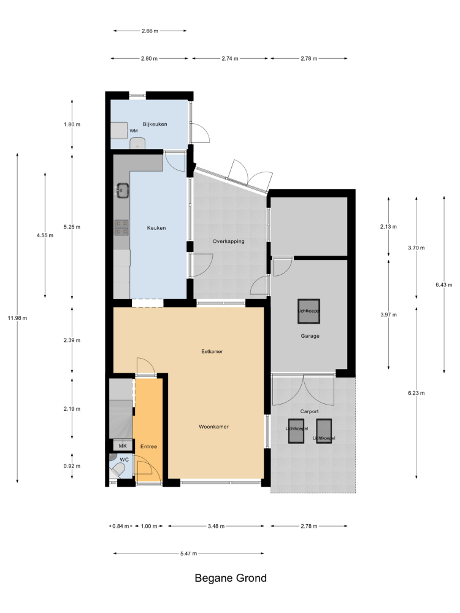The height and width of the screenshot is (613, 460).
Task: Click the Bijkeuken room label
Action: [x=155, y=124]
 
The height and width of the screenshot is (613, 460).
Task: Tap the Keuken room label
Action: [x=156, y=228]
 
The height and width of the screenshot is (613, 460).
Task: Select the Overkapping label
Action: [x=228, y=241]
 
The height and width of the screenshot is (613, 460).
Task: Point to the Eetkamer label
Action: [x=212, y=351]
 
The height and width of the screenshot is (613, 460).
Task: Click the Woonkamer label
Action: [x=213, y=427]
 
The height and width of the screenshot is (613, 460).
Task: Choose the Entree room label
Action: [x=148, y=446]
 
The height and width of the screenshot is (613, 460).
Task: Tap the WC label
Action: [x=124, y=459]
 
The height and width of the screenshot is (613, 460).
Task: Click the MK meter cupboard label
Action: [x=123, y=446]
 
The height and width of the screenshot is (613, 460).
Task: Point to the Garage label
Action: [x=310, y=336]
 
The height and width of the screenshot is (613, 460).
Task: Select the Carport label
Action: [x=309, y=411]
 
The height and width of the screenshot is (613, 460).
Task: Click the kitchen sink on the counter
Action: [x=122, y=191]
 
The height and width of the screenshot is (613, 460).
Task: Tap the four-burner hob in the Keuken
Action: [x=122, y=227]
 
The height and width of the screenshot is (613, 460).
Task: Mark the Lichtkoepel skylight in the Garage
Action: [x=309, y=311]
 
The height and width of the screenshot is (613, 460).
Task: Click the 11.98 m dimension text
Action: [x=18, y=318]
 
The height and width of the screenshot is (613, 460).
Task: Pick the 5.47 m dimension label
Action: [x=188, y=553]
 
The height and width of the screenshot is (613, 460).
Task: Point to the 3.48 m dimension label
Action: [x=217, y=526]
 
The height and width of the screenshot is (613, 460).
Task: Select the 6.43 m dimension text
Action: [x=444, y=284]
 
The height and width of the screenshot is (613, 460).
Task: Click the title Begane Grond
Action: [x=231, y=578]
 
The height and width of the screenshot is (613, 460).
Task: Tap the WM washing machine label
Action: [x=133, y=131]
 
